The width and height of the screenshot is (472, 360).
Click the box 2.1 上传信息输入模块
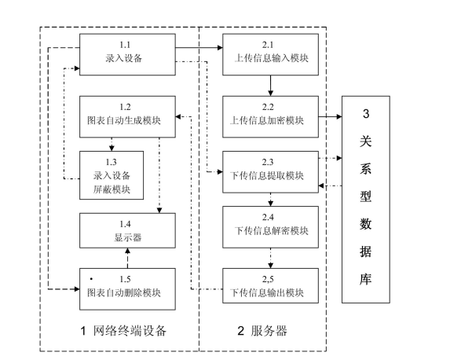(271, 52)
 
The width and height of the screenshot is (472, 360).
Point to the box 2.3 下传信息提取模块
(271, 171)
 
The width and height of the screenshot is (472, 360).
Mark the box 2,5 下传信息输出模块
(271, 287)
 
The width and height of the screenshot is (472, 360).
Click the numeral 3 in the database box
(366, 114)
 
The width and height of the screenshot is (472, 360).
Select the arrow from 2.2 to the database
(329, 116)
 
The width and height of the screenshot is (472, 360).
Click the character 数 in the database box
(366, 223)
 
